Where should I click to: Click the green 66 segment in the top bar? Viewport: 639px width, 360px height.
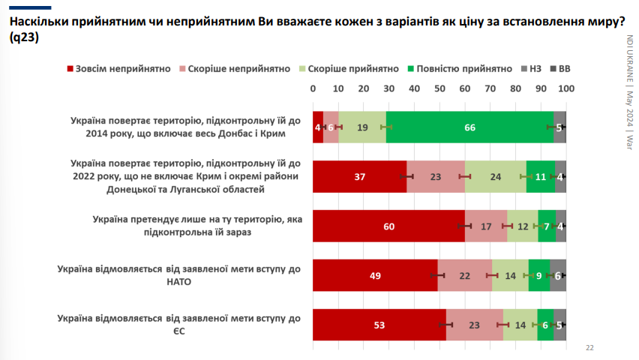pos(469,127)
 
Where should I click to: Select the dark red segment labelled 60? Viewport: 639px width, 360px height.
pos(388,226)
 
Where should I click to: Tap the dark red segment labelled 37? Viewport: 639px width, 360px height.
pos(359,177)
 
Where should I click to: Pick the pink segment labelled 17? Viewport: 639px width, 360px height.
pos(486,226)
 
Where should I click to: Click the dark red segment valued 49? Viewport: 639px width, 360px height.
pos(375,275)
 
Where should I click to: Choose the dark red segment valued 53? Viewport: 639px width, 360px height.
pos(379,324)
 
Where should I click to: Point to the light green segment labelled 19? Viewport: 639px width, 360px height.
pos(362,127)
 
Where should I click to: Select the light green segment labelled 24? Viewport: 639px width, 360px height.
pos(496,177)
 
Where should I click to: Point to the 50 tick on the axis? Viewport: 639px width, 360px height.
pos(439,88)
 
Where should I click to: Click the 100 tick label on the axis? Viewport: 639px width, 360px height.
pos(565,88)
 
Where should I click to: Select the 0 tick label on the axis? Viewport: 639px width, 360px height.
pos(313,88)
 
